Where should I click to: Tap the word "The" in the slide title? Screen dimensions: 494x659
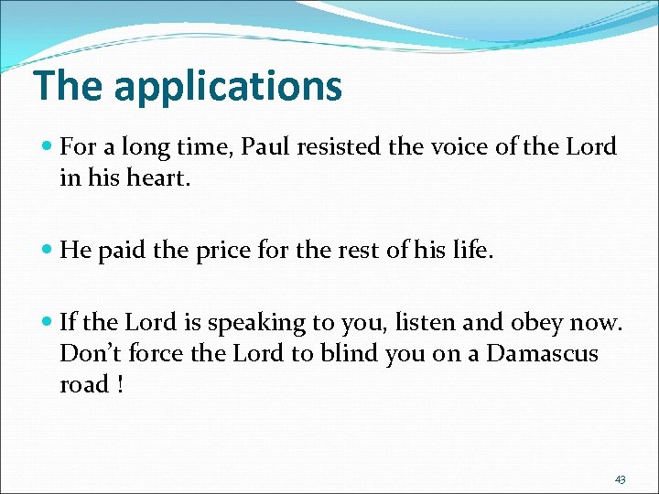[x=69, y=85]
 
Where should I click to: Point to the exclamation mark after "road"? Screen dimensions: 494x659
[x=119, y=385]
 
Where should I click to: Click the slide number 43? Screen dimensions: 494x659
[x=620, y=479]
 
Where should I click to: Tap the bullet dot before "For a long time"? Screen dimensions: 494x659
[x=47, y=146]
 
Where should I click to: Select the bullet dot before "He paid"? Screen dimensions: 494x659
[x=47, y=251]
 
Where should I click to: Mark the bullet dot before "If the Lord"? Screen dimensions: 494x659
[x=47, y=323]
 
